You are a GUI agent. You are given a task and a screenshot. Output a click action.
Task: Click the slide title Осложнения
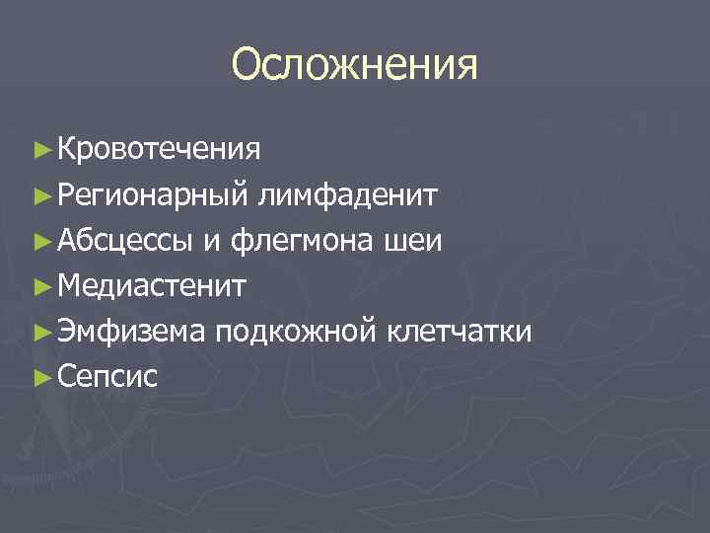[355, 66]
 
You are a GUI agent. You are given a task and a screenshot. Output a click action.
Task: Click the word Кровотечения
[159, 149]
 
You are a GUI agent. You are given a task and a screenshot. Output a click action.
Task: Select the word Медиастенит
[153, 286]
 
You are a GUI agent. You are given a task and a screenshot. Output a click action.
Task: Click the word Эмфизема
[131, 332]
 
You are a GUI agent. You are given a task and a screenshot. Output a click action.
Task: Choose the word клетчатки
[461, 332]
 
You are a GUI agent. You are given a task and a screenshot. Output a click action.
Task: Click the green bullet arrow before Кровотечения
[40, 150]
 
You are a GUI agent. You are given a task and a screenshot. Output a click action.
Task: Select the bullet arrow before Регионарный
[40, 195]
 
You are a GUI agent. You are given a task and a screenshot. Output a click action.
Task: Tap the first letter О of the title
[248, 66]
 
